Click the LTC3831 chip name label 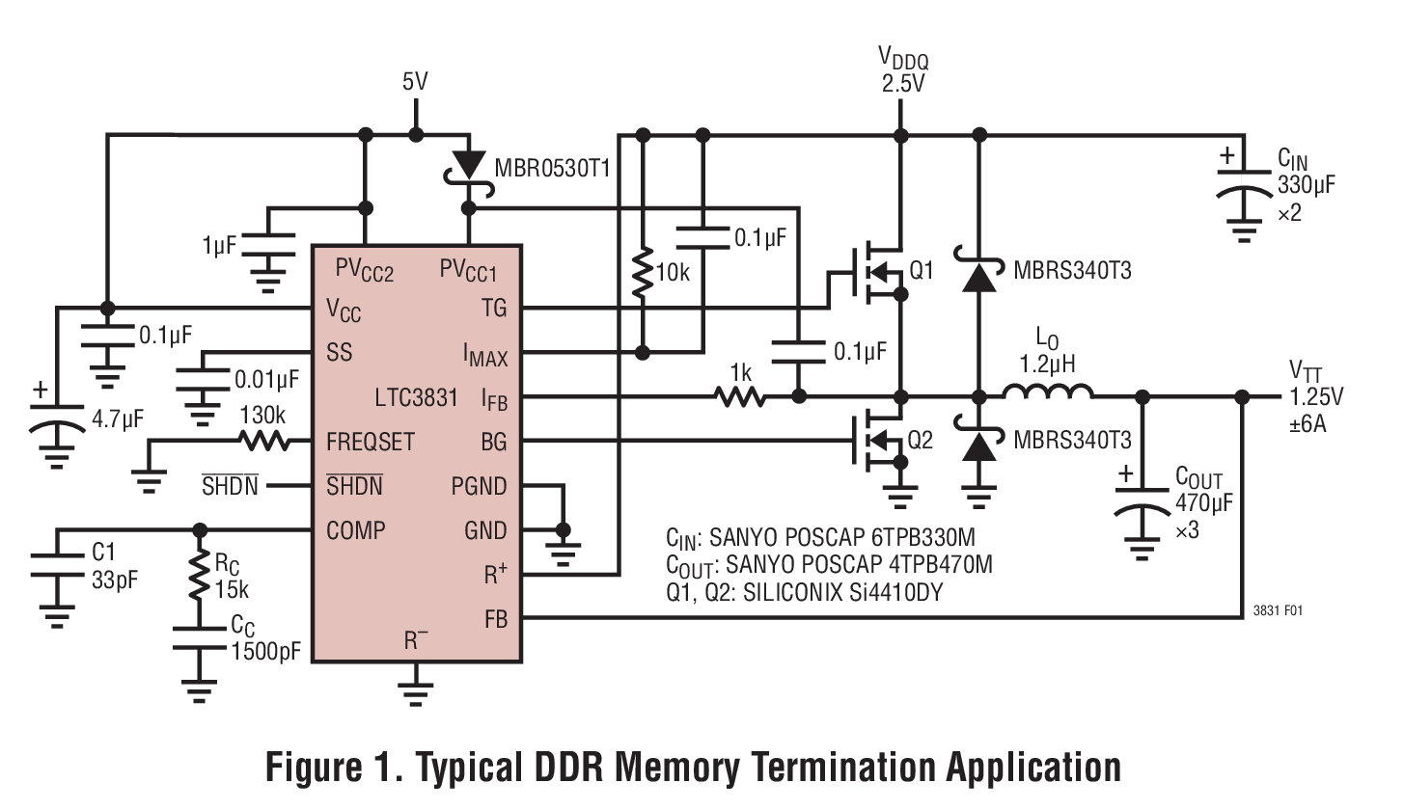pyautogui.click(x=417, y=397)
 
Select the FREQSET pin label pyautogui.click(x=370, y=442)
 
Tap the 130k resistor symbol pyautogui.click(x=263, y=442)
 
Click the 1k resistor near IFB pyautogui.click(x=739, y=396)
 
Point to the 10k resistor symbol pyautogui.click(x=641, y=275)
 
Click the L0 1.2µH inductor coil pyautogui.click(x=1048, y=393)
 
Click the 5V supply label pyautogui.click(x=415, y=82)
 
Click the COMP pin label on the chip pyautogui.click(x=356, y=529)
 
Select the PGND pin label pyautogui.click(x=478, y=486)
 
